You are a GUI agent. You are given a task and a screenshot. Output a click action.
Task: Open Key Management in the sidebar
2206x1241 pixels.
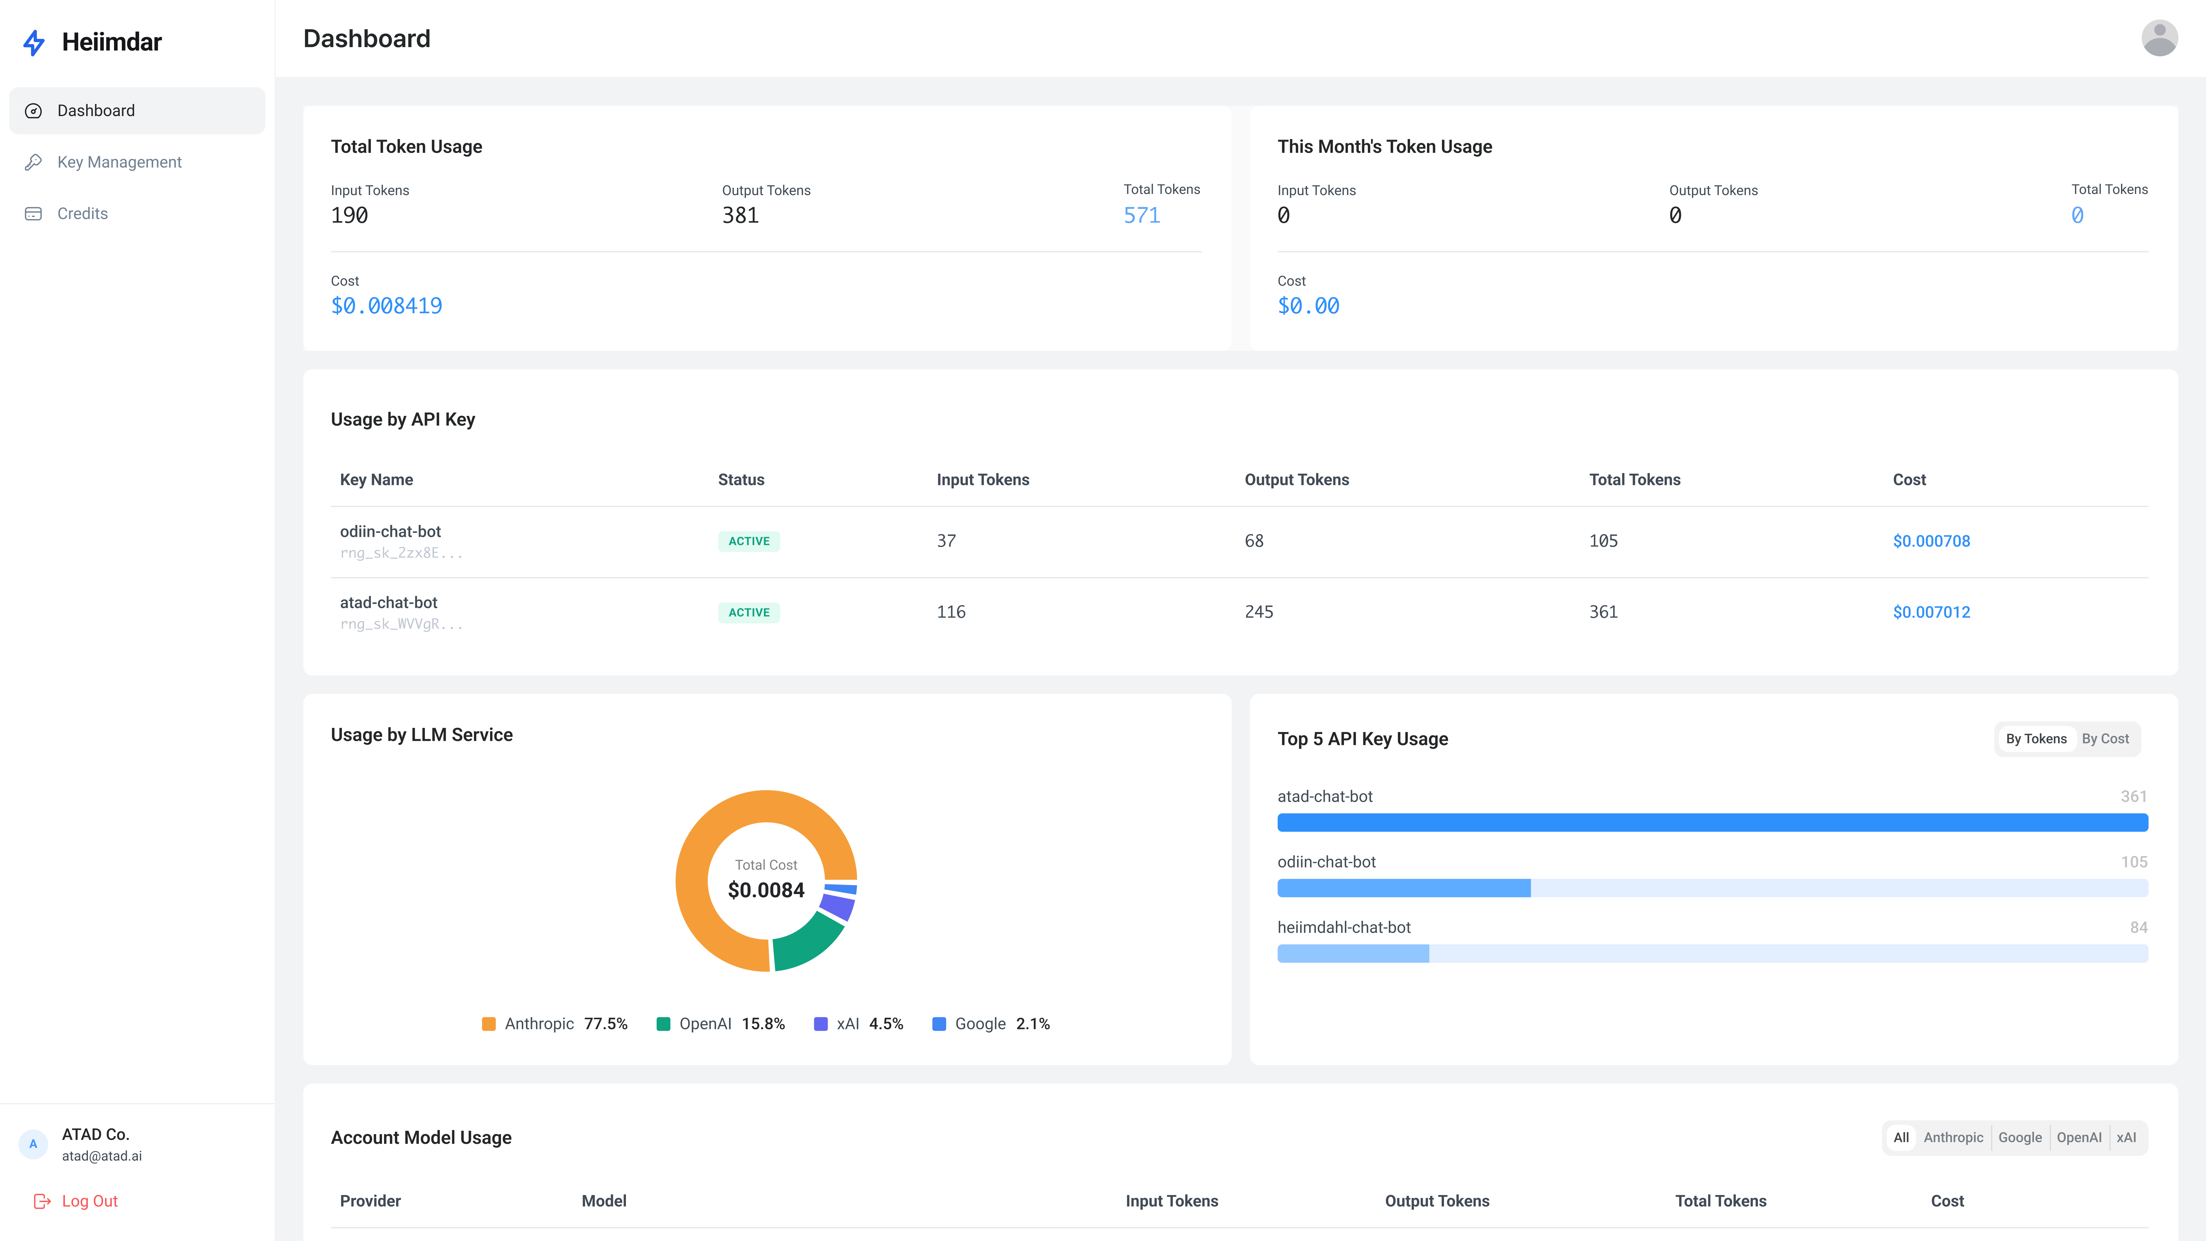(119, 162)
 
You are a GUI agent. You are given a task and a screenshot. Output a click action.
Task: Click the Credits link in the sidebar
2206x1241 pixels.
(82, 213)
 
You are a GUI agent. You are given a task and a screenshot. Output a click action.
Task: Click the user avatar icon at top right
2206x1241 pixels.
(2159, 38)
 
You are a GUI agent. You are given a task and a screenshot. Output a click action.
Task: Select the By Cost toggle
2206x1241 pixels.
(2105, 738)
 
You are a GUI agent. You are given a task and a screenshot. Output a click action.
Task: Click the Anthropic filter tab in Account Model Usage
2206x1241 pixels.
(1953, 1137)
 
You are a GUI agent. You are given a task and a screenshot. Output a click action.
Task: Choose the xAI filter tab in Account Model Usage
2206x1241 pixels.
(2126, 1137)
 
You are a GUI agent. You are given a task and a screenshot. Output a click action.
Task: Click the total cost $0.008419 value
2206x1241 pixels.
(386, 306)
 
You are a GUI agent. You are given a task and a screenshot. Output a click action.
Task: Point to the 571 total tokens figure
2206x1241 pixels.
(1141, 215)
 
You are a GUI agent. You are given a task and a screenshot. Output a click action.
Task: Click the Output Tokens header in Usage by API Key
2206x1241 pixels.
(1297, 480)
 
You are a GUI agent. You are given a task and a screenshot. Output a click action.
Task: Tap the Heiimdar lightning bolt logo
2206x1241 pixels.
(34, 42)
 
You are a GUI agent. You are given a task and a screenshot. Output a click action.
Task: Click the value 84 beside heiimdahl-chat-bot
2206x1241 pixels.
(2138, 928)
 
